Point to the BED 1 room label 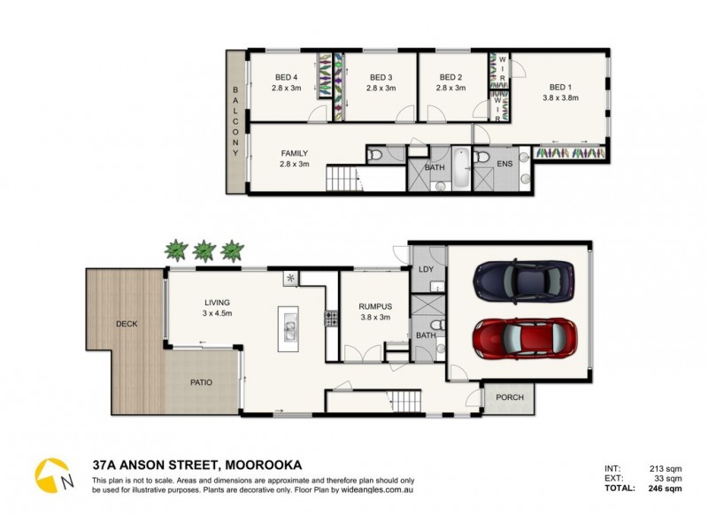click(559, 87)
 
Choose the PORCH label click(509, 397)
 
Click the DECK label click(127, 324)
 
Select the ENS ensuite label click(504, 164)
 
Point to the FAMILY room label click(294, 153)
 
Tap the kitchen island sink click(289, 330)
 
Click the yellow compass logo click(52, 475)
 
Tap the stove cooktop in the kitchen click(331, 315)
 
